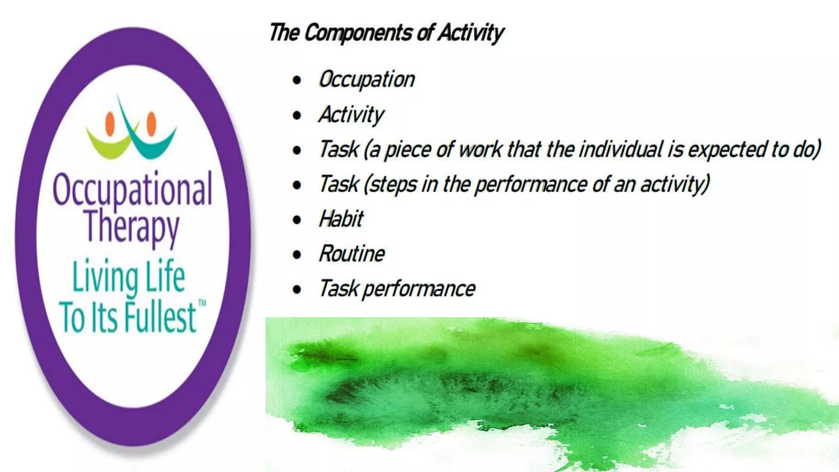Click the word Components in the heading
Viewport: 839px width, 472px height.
[x=358, y=33]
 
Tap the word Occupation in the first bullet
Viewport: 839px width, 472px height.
[x=367, y=79]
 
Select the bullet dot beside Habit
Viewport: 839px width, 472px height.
[x=297, y=220]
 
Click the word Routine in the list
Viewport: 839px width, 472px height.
[x=352, y=254]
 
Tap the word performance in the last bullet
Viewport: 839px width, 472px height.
[x=419, y=289]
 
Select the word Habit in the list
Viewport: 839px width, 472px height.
[x=341, y=219]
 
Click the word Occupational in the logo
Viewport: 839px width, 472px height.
[x=132, y=189]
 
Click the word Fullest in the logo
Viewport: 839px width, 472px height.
[x=160, y=318]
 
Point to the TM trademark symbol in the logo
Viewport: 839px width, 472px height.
[x=202, y=303]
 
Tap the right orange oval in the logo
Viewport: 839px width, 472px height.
[x=151, y=123]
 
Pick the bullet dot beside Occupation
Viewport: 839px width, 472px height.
[x=297, y=80]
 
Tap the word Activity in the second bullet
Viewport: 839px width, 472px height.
[x=351, y=114]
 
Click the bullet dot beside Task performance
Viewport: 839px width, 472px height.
[x=297, y=290]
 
